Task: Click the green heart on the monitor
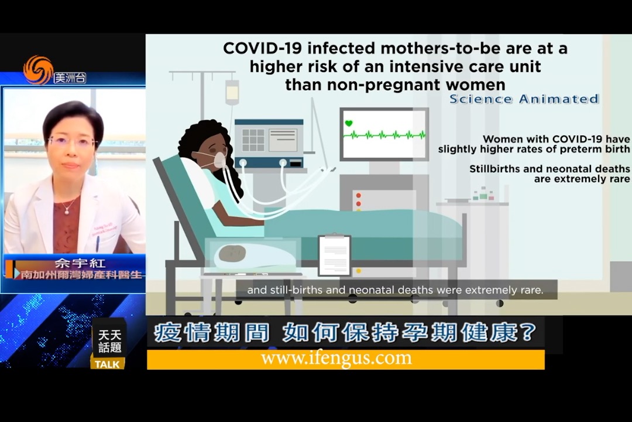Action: tap(349, 123)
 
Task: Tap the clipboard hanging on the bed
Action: tap(335, 255)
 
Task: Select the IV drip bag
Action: tap(232, 91)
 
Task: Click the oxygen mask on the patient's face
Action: tap(219, 159)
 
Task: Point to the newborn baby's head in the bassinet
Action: tap(232, 253)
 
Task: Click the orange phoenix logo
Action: tap(38, 70)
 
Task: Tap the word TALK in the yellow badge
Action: tap(107, 364)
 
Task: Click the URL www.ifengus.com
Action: tap(336, 358)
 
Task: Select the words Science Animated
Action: tap(524, 99)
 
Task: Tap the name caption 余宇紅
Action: tap(80, 263)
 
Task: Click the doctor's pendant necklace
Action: tap(67, 211)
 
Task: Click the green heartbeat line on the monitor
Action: tap(384, 135)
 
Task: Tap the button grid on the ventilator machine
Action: tap(253, 139)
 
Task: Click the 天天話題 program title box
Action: tap(109, 341)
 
